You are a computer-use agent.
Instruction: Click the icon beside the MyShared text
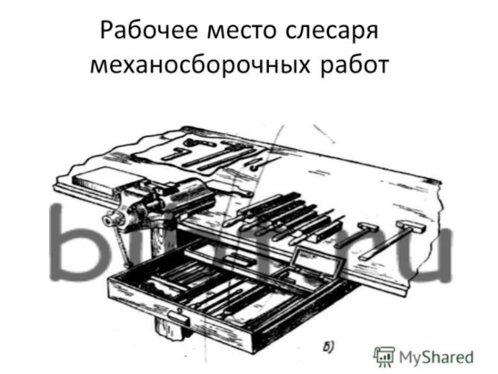[384, 356]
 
